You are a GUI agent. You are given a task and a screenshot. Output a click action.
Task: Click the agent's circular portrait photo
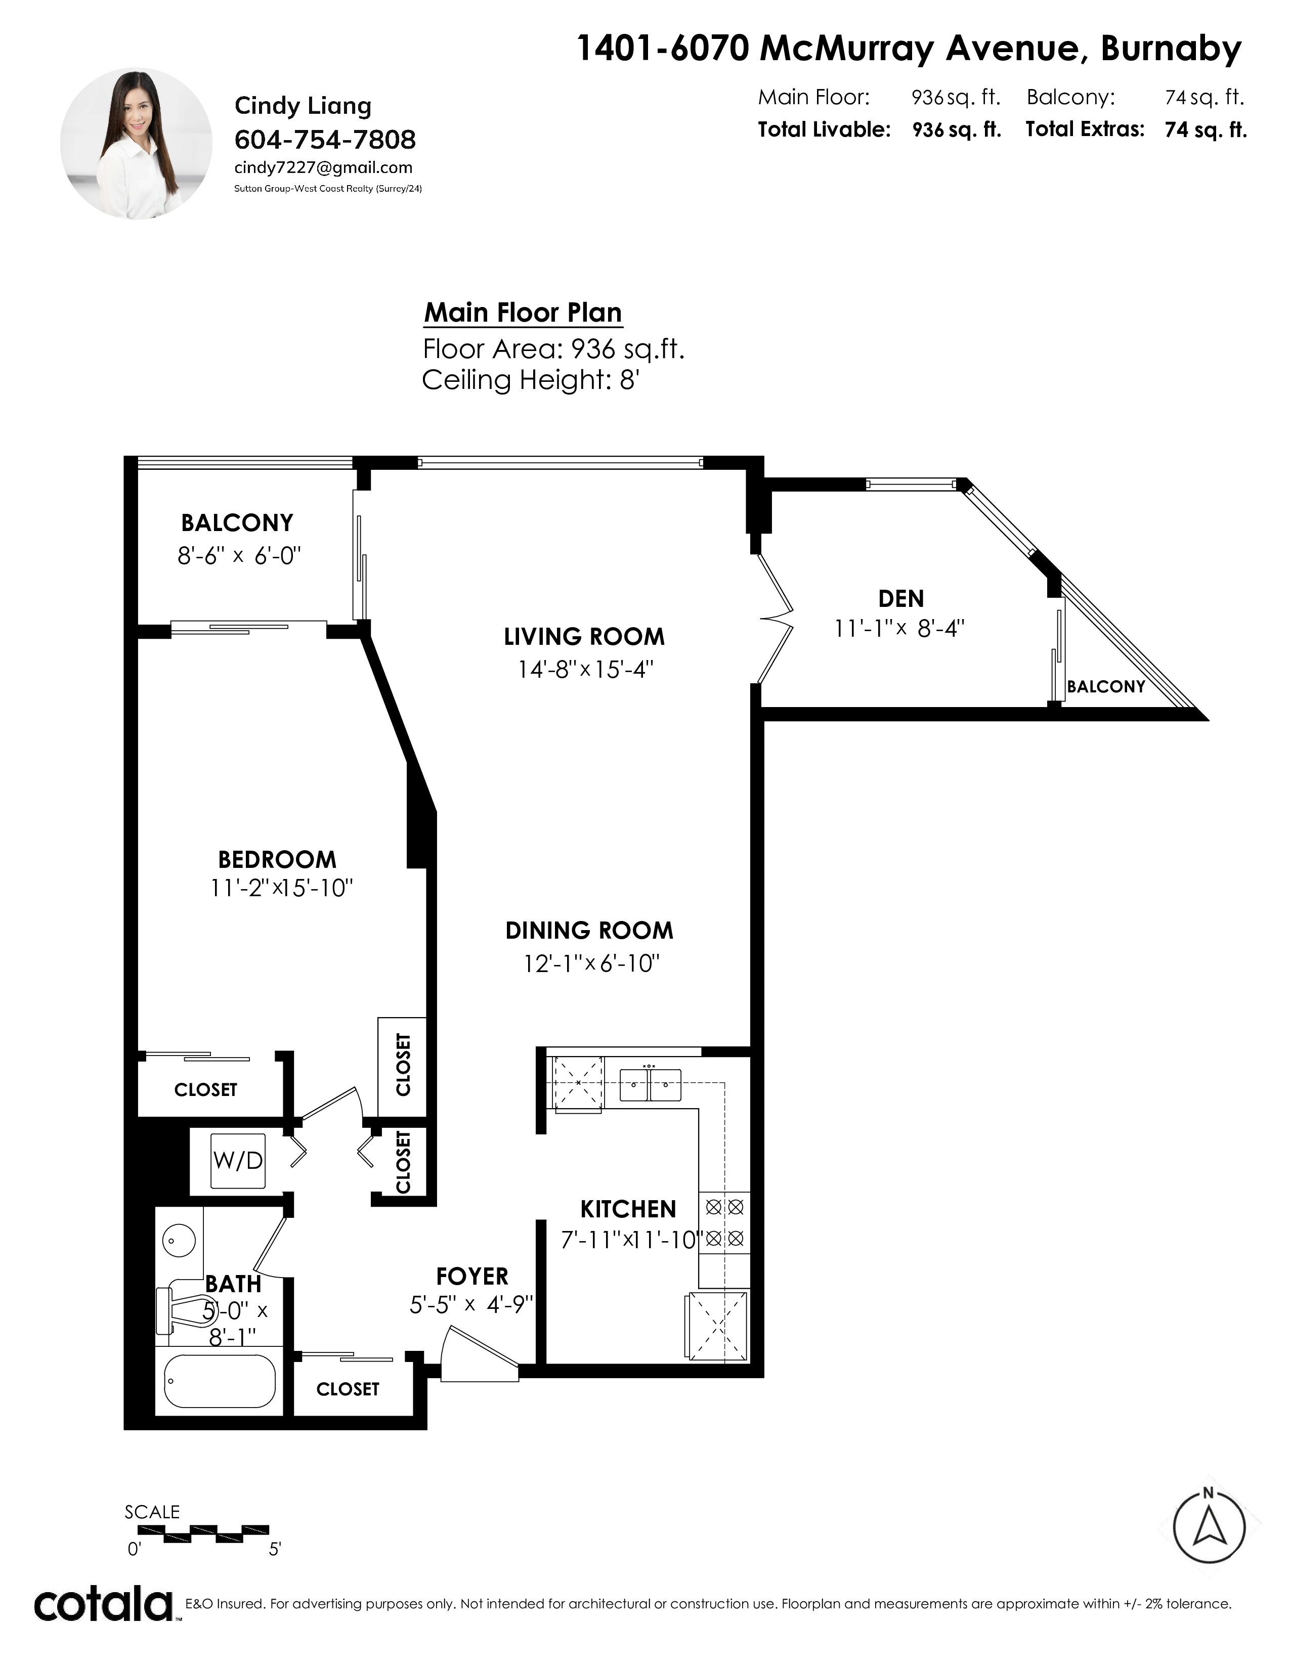pyautogui.click(x=136, y=144)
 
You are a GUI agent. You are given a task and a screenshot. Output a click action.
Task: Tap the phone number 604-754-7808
pyautogui.click(x=325, y=140)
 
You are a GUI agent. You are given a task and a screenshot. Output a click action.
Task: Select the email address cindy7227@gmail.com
pyautogui.click(x=323, y=168)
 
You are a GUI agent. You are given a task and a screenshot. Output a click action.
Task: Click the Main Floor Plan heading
pyautogui.click(x=523, y=313)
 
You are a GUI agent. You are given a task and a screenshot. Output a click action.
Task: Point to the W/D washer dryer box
pyautogui.click(x=238, y=1161)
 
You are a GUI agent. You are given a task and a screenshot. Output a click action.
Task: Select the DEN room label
pyautogui.click(x=901, y=598)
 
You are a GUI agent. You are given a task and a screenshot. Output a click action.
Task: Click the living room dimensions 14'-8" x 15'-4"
pyautogui.click(x=585, y=670)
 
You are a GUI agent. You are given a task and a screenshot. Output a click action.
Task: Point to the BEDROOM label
pyautogui.click(x=277, y=860)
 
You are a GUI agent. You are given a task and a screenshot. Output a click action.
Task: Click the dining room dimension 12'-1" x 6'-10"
pyautogui.click(x=591, y=963)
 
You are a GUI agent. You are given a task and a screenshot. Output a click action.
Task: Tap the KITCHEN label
pyautogui.click(x=628, y=1209)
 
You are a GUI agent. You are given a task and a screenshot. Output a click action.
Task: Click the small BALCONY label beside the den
pyautogui.click(x=1106, y=686)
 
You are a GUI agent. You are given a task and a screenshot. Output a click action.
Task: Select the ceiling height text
pyautogui.click(x=530, y=380)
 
